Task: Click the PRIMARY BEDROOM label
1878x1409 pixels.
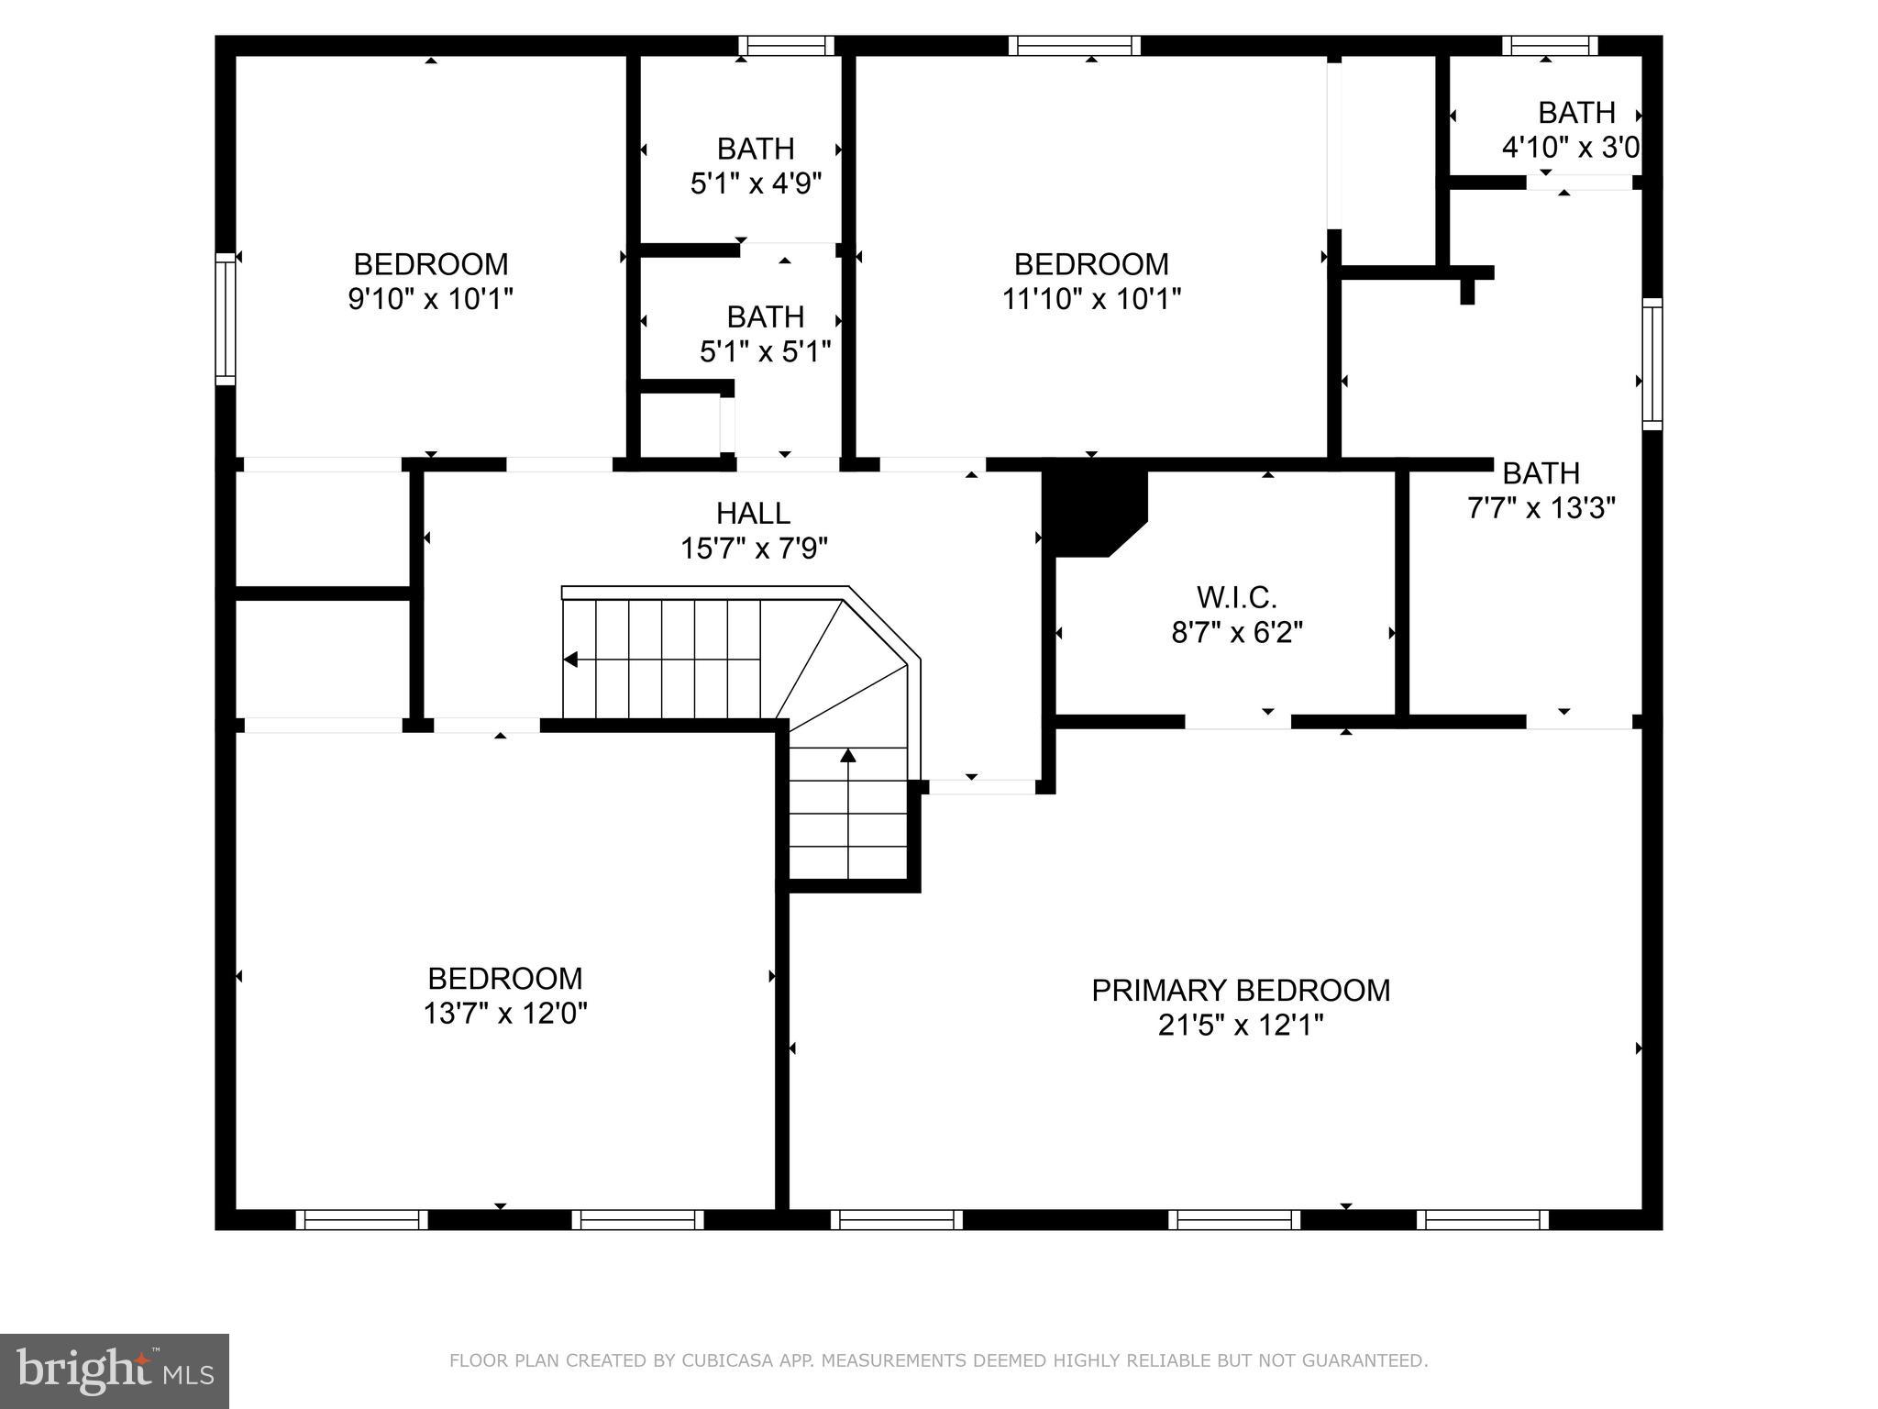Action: pos(1240,991)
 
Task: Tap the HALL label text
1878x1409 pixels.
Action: pos(753,513)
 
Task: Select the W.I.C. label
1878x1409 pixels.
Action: pos(1236,598)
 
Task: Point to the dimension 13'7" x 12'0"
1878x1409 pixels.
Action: pos(504,1014)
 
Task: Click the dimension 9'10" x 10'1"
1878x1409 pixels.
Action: pos(430,299)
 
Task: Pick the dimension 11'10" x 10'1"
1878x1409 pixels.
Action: pos(1091,299)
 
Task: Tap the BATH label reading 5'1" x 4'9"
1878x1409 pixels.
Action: pos(755,149)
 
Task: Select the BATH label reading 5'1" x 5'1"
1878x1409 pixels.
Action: pos(765,317)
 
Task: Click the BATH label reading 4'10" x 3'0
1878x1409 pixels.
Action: pos(1575,113)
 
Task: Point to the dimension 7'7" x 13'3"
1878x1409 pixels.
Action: pos(1541,507)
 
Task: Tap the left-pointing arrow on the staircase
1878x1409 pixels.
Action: pos(571,660)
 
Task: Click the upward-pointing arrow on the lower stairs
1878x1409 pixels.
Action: pos(848,756)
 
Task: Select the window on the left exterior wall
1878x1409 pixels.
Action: pos(225,318)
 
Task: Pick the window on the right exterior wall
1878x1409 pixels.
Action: pos(1652,363)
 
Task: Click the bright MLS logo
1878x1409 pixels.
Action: pos(114,1370)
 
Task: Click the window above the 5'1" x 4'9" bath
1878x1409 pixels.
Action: pos(786,46)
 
